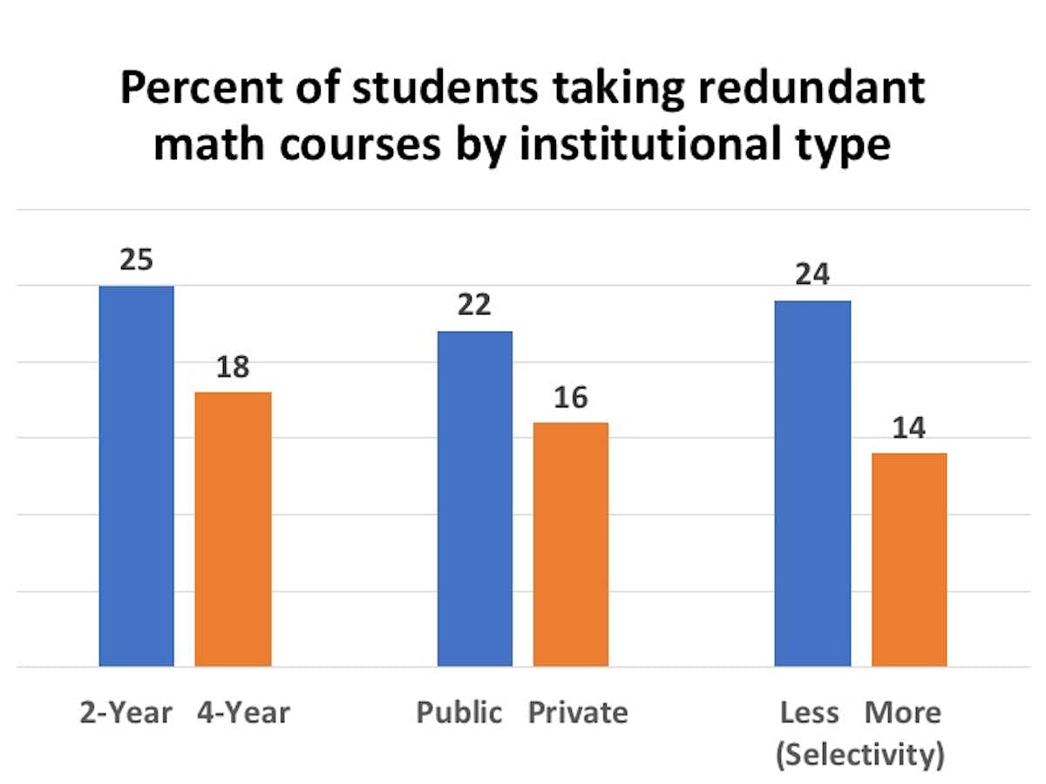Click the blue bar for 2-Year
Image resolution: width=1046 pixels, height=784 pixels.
[x=137, y=476]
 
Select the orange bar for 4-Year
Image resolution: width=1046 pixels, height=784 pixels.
[x=233, y=529]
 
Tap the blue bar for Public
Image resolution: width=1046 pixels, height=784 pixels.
[x=475, y=498]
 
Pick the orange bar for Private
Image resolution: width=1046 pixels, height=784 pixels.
[x=571, y=544]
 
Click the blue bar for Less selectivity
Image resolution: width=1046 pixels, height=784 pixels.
[x=812, y=483]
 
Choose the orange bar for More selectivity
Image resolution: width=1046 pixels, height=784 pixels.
[x=909, y=559]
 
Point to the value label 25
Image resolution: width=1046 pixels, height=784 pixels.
[x=137, y=260]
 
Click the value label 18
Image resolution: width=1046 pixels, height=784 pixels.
[x=233, y=367]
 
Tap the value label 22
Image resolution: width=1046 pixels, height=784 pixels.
[x=475, y=305]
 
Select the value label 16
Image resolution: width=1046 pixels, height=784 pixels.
[x=571, y=397]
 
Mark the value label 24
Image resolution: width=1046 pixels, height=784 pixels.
[x=812, y=274]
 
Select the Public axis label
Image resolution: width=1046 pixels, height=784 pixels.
[x=459, y=713]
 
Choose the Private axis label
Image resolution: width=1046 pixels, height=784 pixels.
[x=578, y=713]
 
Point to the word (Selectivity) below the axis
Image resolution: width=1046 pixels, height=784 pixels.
[x=859, y=755]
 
